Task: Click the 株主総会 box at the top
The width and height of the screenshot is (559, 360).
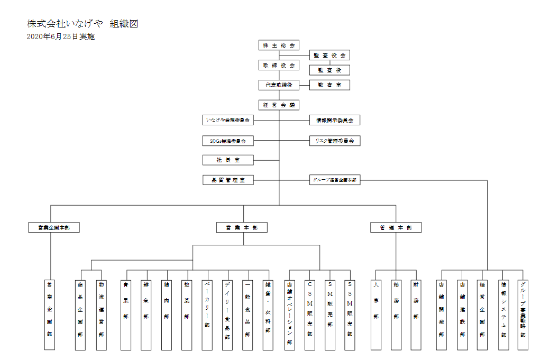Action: (279, 45)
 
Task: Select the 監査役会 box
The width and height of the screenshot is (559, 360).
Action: (329, 56)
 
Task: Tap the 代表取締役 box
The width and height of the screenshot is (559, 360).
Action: (279, 85)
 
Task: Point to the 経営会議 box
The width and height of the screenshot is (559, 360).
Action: (279, 105)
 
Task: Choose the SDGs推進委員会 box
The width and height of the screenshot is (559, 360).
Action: (228, 141)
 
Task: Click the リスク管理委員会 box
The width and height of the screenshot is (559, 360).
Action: (335, 141)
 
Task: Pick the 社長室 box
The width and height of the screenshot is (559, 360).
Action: (228, 160)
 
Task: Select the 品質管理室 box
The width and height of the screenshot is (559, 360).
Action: (228, 180)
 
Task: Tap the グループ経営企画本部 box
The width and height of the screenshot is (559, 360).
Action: (335, 180)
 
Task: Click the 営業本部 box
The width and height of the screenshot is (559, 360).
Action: (242, 228)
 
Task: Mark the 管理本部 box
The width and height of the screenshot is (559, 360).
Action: (396, 228)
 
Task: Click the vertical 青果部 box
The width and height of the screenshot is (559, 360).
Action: (126, 315)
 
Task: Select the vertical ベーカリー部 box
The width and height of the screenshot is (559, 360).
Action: (207, 315)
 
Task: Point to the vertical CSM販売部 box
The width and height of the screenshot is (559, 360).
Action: (309, 315)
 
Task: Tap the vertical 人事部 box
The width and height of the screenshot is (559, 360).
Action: (376, 315)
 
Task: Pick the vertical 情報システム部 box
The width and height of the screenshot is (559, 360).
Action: (503, 315)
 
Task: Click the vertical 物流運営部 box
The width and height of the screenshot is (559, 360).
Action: (101, 315)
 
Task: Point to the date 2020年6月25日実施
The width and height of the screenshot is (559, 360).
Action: (60, 37)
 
